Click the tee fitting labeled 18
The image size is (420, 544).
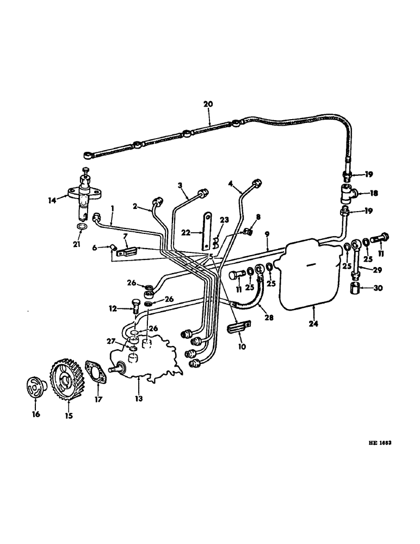click(x=349, y=193)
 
